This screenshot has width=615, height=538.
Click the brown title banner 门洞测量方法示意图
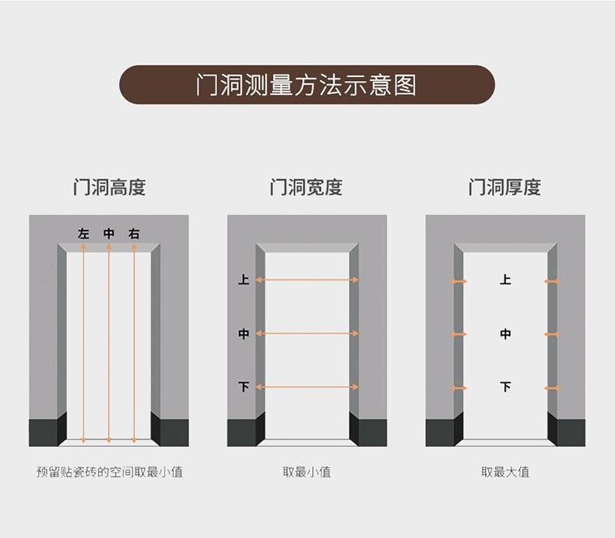[307, 85]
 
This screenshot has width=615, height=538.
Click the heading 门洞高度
[110, 187]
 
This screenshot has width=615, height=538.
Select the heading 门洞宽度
[306, 187]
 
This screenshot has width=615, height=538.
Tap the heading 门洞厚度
[504, 187]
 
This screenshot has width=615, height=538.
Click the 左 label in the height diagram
[83, 234]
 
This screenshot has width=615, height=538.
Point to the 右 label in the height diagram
[134, 234]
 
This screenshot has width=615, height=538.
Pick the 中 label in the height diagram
[109, 234]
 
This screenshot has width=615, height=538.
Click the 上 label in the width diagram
[244, 280]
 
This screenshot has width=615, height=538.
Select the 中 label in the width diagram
[244, 334]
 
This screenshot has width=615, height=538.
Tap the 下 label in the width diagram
[244, 387]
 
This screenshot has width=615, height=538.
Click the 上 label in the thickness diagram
[505, 280]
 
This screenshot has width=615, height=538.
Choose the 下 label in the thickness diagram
[505, 387]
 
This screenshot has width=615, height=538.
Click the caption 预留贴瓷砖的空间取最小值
[110, 472]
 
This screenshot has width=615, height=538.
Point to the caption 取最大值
[505, 472]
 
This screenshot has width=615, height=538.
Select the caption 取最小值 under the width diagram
[307, 472]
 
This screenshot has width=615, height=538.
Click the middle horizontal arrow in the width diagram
[307, 334]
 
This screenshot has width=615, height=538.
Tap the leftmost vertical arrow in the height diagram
[83, 343]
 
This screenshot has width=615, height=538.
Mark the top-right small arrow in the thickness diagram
[552, 281]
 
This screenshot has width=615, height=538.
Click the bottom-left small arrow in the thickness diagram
[459, 389]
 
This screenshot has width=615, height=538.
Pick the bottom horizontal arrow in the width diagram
[307, 387]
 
